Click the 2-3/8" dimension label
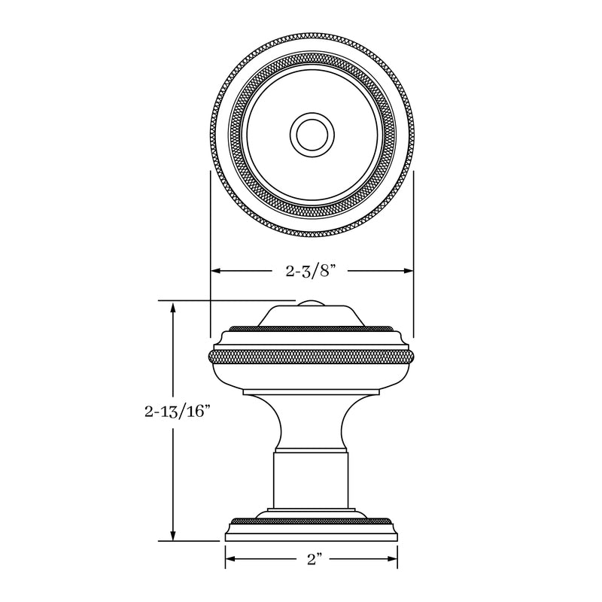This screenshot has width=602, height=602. (311, 271)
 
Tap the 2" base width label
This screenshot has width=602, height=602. (312, 559)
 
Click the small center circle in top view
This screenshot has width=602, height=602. (311, 136)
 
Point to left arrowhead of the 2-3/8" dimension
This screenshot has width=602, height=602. (215, 271)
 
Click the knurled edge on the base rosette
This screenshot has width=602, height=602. (311, 521)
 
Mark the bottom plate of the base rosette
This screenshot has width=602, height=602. (311, 535)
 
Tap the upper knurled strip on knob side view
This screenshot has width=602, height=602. (311, 329)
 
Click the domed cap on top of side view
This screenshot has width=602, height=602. (311, 315)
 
